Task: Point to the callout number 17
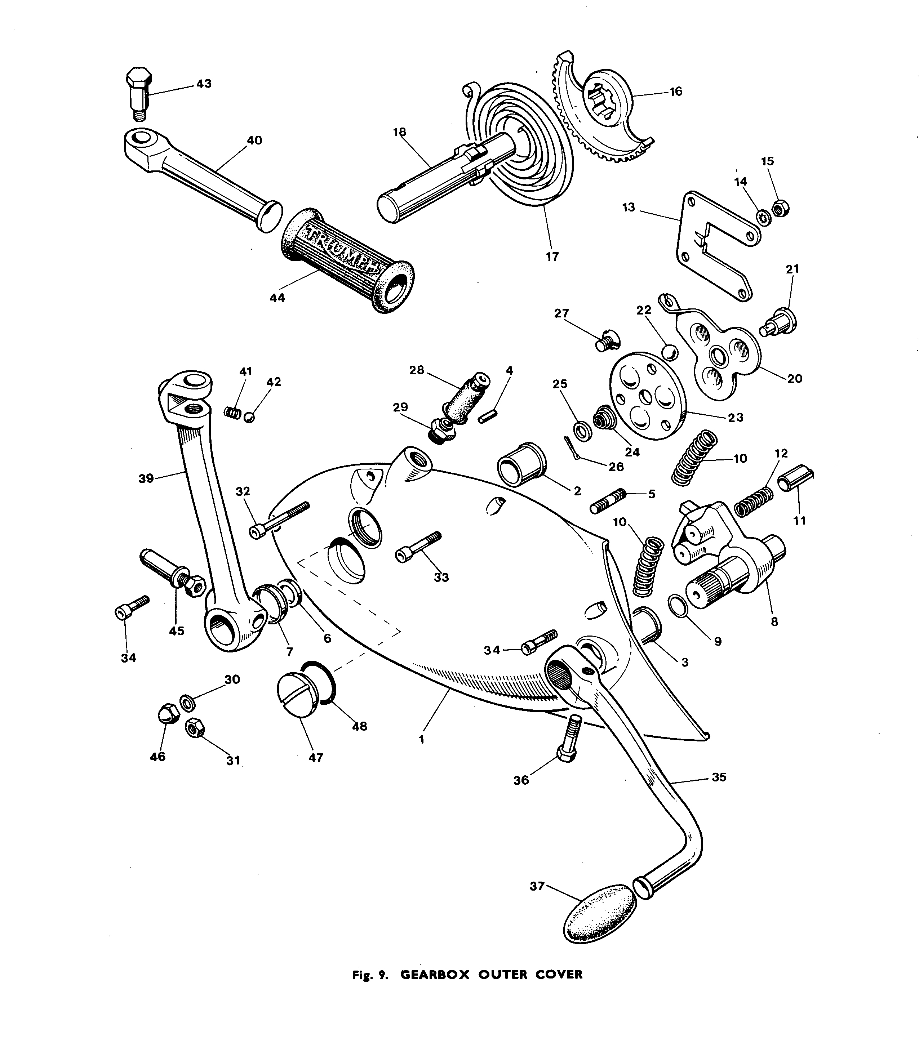point(552,257)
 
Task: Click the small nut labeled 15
point(781,208)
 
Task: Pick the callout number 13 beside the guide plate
point(628,207)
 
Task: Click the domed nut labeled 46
point(168,713)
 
